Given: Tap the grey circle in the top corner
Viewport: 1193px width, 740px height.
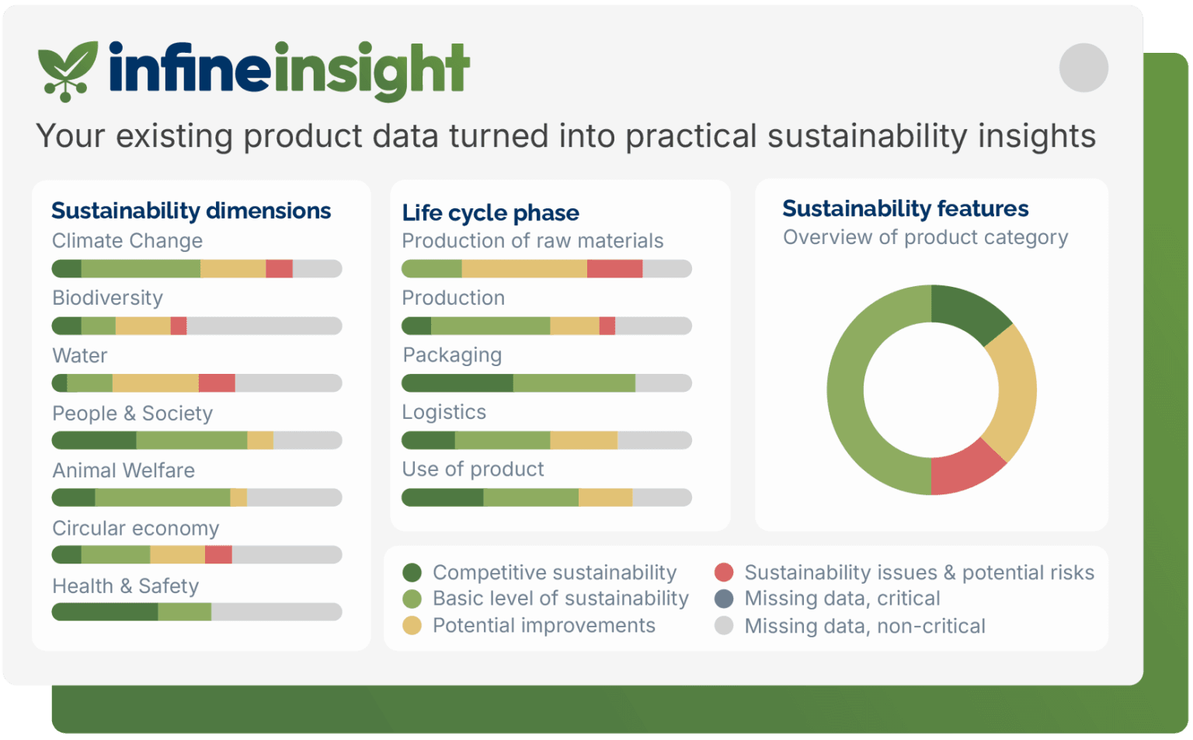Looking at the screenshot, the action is [x=1083, y=68].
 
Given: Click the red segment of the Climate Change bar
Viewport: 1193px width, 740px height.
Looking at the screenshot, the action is [x=279, y=269].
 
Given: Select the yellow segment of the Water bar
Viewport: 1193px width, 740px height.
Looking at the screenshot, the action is [x=155, y=382].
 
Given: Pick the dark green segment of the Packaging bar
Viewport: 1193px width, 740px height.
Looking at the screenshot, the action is [x=457, y=382].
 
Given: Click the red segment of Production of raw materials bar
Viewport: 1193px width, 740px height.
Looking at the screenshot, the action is [x=614, y=269].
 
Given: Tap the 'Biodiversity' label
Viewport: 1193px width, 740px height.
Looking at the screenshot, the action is [x=108, y=298].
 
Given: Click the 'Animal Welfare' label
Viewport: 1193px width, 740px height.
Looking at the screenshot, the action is [x=123, y=470].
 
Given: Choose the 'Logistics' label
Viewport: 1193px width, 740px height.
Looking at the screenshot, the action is [x=444, y=412].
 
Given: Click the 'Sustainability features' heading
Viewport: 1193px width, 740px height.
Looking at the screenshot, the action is [x=906, y=208].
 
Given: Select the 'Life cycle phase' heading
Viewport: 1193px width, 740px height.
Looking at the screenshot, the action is [x=491, y=213].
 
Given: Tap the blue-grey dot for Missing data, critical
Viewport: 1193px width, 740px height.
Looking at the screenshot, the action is [x=724, y=599].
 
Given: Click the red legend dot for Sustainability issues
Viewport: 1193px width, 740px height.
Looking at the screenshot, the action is [x=724, y=572].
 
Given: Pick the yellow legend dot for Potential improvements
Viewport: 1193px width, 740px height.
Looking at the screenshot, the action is [x=412, y=626].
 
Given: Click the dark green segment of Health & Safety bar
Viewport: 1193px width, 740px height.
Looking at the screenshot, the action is [x=105, y=612].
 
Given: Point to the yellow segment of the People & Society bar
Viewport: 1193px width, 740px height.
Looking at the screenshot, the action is [x=260, y=441].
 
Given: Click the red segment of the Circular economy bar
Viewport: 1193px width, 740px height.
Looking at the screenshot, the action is [x=218, y=554].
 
